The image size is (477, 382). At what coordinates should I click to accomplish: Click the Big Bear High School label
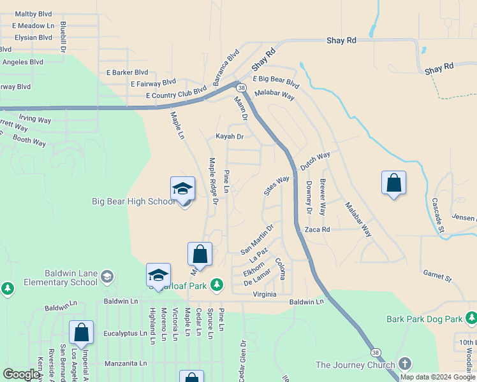click(x=133, y=202)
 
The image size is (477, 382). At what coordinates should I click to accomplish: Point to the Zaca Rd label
click(x=317, y=229)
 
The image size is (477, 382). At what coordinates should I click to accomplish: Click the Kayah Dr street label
click(x=230, y=136)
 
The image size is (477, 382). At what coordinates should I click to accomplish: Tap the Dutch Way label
click(x=315, y=160)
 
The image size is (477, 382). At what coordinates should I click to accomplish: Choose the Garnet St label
click(x=437, y=276)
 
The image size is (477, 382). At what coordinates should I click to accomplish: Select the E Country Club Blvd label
click(x=176, y=95)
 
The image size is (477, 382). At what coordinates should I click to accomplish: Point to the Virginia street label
click(x=265, y=294)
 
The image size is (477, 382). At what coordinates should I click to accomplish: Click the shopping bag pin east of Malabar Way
click(x=393, y=183)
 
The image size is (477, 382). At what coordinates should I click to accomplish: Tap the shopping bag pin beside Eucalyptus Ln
click(x=81, y=332)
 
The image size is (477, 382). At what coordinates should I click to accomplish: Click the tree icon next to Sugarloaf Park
click(x=217, y=284)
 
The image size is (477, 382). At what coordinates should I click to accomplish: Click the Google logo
click(x=21, y=374)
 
